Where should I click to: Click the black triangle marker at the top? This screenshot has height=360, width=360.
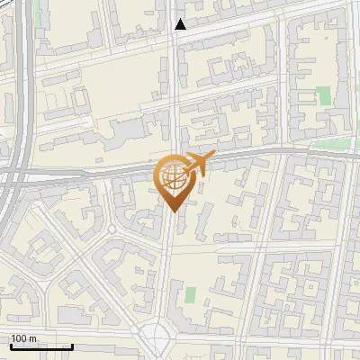point(180,25)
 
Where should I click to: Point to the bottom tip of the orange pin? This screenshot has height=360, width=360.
point(172,211)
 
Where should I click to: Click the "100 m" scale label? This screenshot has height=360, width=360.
point(23,338)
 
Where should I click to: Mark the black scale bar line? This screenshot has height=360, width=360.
point(40,346)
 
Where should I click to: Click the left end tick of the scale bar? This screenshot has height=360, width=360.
point(10,345)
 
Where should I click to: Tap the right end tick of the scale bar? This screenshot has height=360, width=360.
point(72,345)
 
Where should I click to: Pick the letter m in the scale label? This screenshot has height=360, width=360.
point(33,338)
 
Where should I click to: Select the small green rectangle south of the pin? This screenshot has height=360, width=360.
point(190,295)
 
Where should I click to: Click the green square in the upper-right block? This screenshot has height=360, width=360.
point(323,95)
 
